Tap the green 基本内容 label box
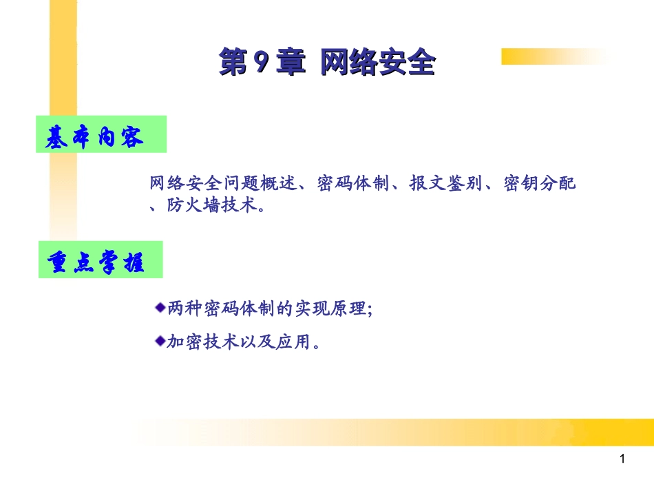coord(102,135)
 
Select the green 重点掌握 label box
coord(100,260)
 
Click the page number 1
coord(622,459)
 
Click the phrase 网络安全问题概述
coord(222,184)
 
